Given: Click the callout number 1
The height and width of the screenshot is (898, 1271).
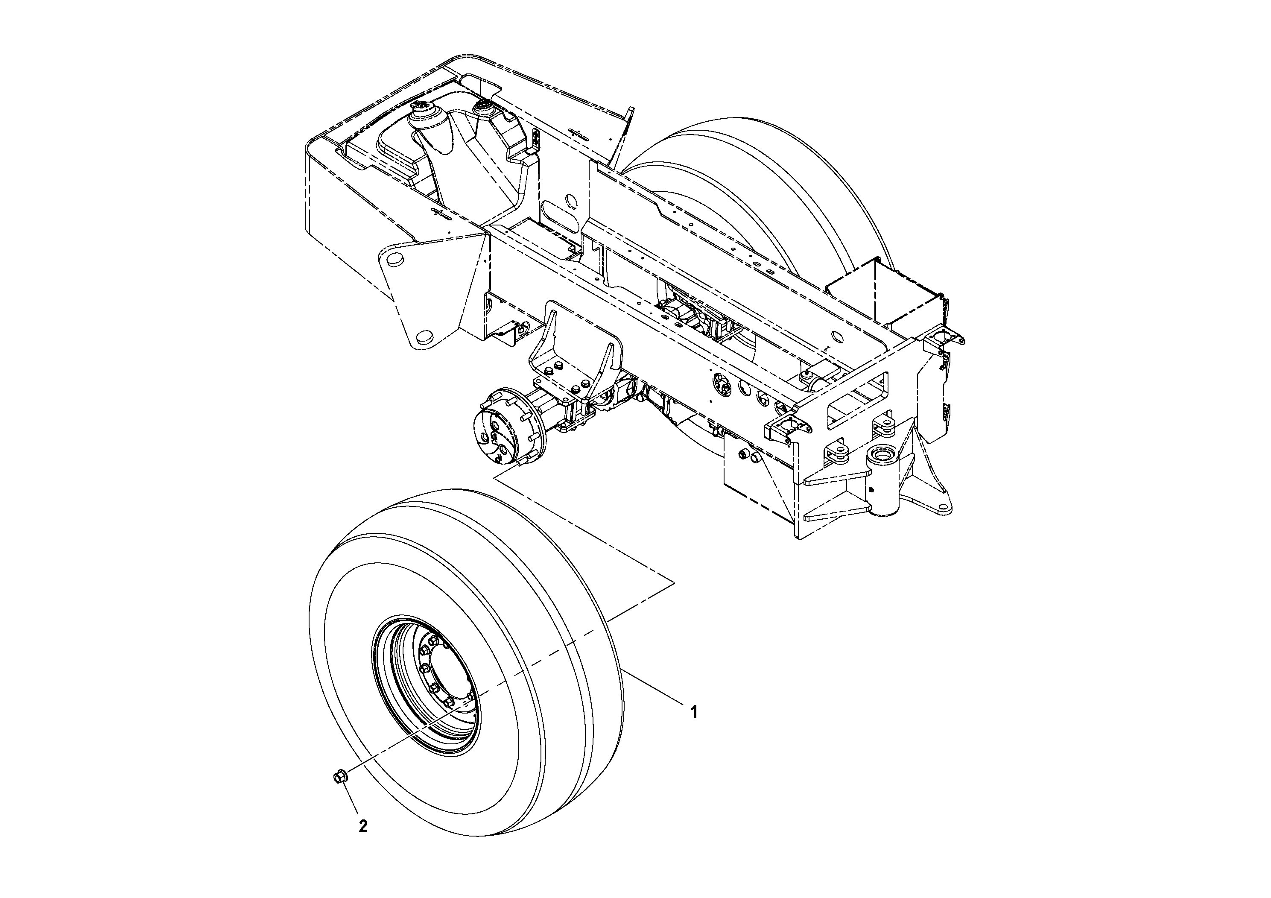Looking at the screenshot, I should [x=693, y=711].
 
